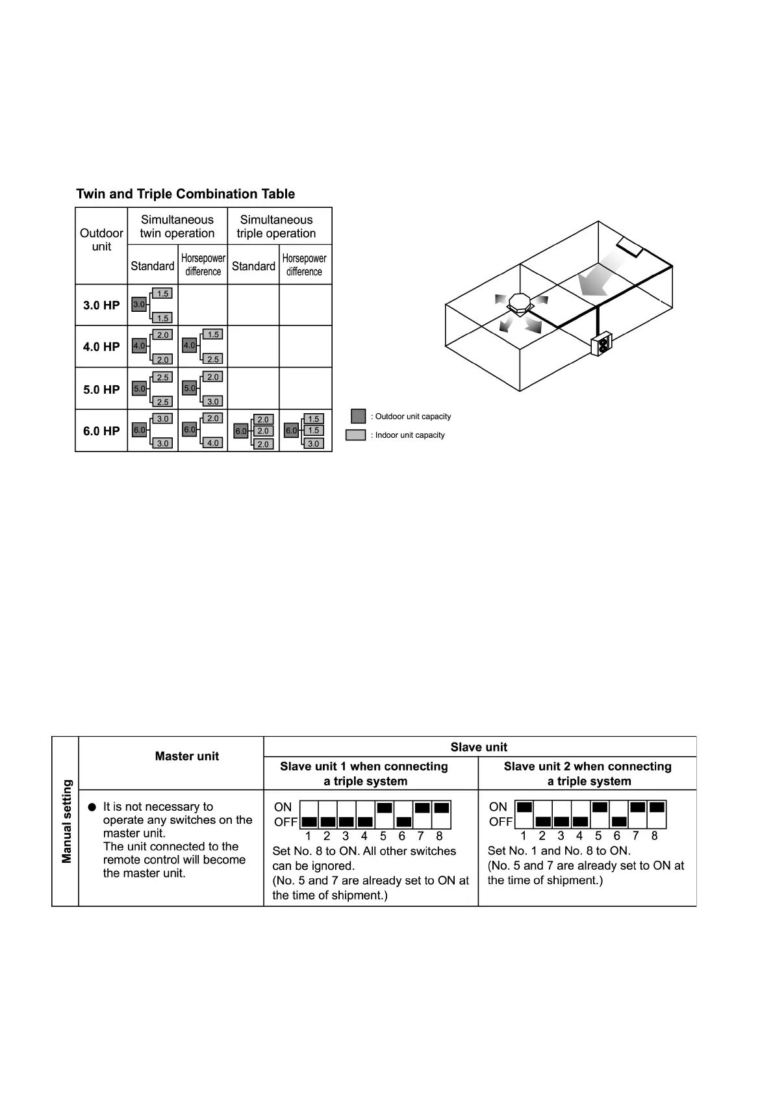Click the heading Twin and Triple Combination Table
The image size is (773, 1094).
pyautogui.click(x=185, y=194)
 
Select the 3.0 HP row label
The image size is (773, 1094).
pyautogui.click(x=101, y=305)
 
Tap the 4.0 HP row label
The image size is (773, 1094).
pyautogui.click(x=101, y=347)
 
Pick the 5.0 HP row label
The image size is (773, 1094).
pyautogui.click(x=101, y=390)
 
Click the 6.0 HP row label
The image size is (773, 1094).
pyautogui.click(x=101, y=431)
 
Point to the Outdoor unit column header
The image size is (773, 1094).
pyautogui.click(x=101, y=240)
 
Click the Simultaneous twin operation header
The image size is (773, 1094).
pyautogui.click(x=177, y=226)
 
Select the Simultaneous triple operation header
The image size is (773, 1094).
pyautogui.click(x=276, y=226)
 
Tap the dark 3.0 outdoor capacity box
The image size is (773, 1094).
pyautogui.click(x=139, y=304)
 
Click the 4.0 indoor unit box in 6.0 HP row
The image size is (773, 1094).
pyautogui.click(x=213, y=443)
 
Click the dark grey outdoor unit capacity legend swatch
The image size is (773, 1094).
pyautogui.click(x=358, y=416)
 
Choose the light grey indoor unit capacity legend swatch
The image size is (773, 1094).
pyautogui.click(x=355, y=435)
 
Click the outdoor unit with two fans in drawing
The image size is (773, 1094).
pyautogui.click(x=602, y=345)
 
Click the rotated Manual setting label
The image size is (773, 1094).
pyautogui.click(x=66, y=821)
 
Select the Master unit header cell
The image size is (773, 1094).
pyautogui.click(x=187, y=756)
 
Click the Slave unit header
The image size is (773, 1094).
pyautogui.click(x=479, y=747)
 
